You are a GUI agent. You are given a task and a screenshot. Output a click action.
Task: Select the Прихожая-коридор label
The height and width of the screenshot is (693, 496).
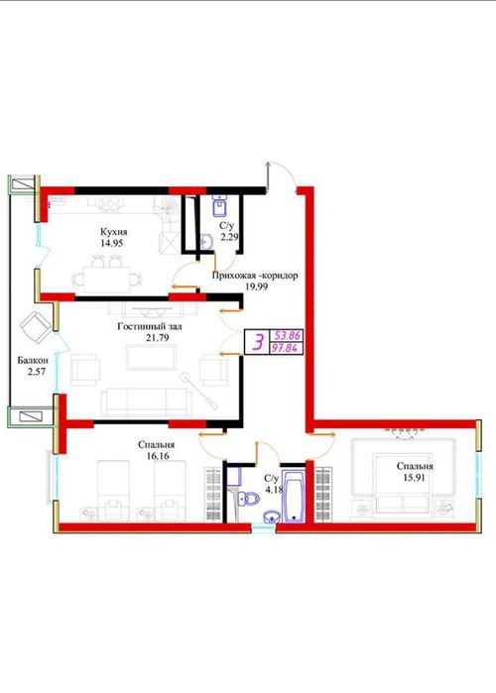coord(255,275)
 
